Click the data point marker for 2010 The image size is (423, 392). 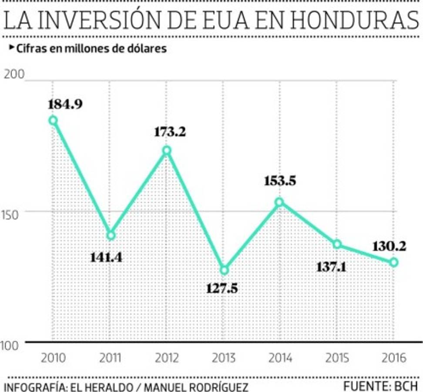click(53, 121)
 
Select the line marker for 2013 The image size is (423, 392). click(224, 270)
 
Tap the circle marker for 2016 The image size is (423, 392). click(394, 262)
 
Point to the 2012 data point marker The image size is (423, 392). click(167, 151)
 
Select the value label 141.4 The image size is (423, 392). click(106, 257)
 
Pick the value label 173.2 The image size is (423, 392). click(170, 132)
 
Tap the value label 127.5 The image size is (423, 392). click(222, 288)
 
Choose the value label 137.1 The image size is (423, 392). click(331, 267)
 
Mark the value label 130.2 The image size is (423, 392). click(389, 247)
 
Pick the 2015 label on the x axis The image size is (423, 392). click(337, 358)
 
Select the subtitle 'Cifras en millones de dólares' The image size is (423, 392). click(91, 49)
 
